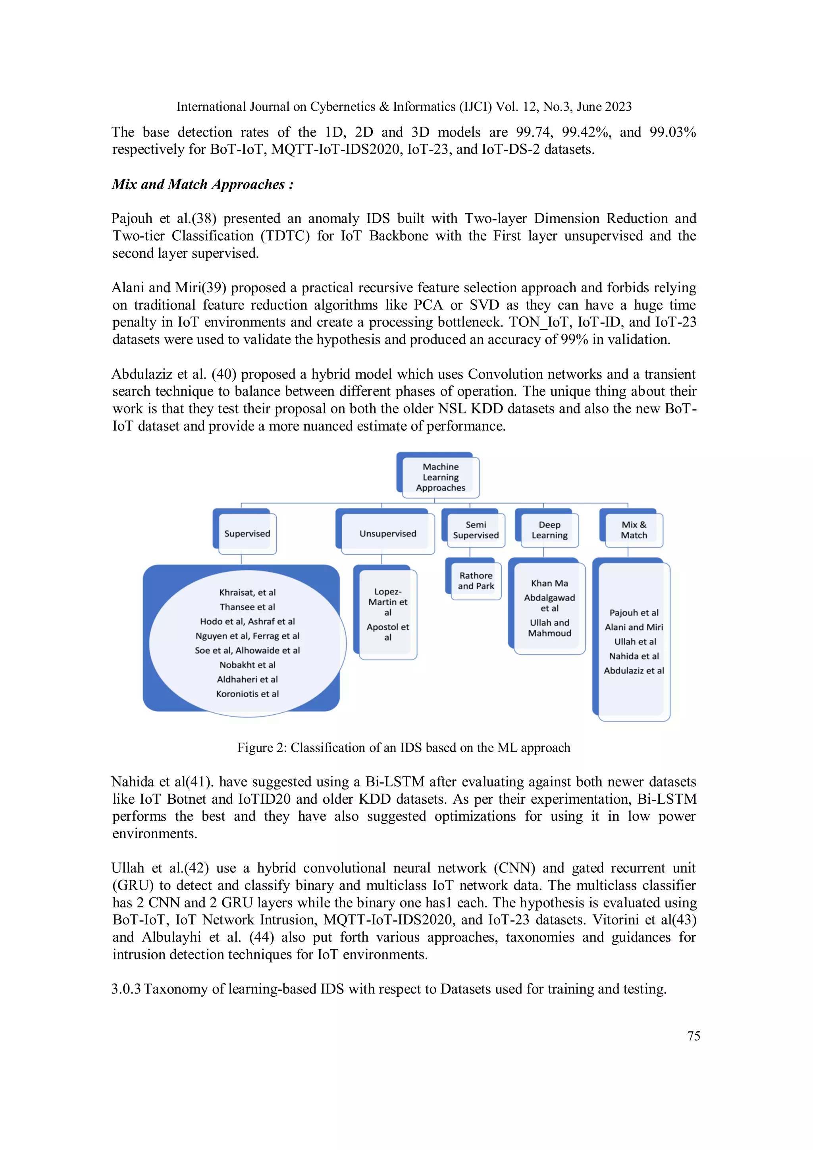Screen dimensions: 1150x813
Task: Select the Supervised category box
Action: click(x=247, y=533)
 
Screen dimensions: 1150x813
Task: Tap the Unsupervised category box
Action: click(x=387, y=533)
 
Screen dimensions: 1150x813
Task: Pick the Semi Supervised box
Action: click(x=476, y=530)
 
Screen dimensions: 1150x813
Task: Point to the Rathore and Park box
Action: click(x=476, y=581)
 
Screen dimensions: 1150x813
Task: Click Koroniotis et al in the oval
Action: click(x=247, y=694)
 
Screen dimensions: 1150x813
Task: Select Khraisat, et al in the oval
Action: click(x=247, y=592)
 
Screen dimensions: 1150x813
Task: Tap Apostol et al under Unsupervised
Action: click(x=387, y=632)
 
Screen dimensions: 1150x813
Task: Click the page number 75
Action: click(x=694, y=1036)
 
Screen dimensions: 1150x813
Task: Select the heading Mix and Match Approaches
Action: click(x=202, y=184)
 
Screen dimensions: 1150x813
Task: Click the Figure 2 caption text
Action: click(x=403, y=747)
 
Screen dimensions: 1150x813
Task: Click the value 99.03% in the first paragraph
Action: click(x=672, y=132)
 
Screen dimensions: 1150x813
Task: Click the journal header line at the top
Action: click(x=403, y=107)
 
